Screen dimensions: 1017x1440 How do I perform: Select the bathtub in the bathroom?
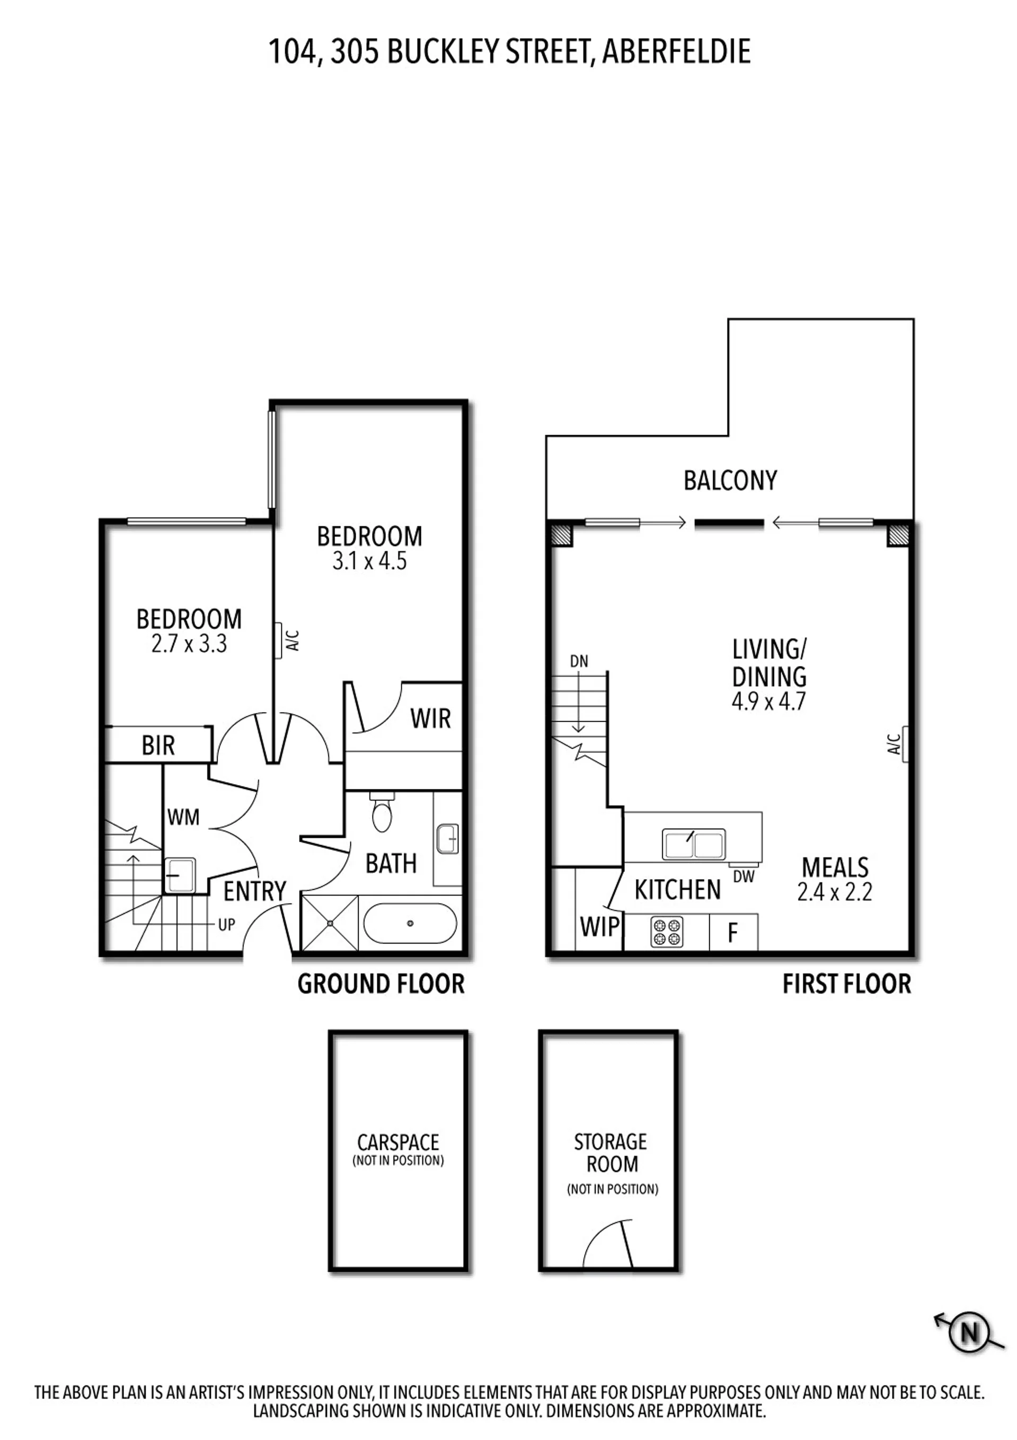click(x=410, y=923)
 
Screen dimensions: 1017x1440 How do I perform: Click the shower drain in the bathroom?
click(x=330, y=923)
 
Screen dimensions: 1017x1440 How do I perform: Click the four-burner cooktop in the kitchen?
click(x=667, y=932)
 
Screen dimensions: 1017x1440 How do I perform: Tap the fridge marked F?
click(x=733, y=933)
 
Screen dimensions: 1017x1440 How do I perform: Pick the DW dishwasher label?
click(x=744, y=877)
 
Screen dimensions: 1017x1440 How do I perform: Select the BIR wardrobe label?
click(x=158, y=745)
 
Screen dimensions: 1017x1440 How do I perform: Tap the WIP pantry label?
click(x=600, y=927)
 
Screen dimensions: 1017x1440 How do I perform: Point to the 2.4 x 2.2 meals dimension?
click(x=835, y=892)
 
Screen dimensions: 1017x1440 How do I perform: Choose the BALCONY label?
click(x=730, y=481)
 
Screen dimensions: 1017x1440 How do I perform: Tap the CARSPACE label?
click(x=398, y=1142)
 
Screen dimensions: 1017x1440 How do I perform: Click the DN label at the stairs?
click(x=579, y=661)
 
